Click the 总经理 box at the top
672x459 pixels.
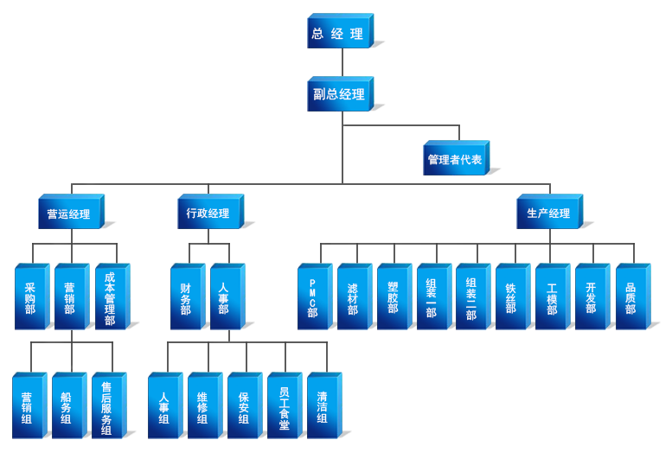(x=338, y=34)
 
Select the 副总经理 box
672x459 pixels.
(x=339, y=95)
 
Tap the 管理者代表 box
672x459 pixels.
(x=455, y=159)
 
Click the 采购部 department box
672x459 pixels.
(x=30, y=296)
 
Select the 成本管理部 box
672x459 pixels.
(x=109, y=296)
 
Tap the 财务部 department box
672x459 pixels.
(x=186, y=296)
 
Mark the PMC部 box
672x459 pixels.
(x=313, y=296)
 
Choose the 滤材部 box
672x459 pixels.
(x=353, y=296)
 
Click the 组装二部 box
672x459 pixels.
(x=470, y=296)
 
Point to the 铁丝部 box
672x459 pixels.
(x=510, y=296)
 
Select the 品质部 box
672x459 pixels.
(x=630, y=296)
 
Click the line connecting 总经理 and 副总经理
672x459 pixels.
(x=342, y=63)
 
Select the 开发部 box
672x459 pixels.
(x=591, y=296)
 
